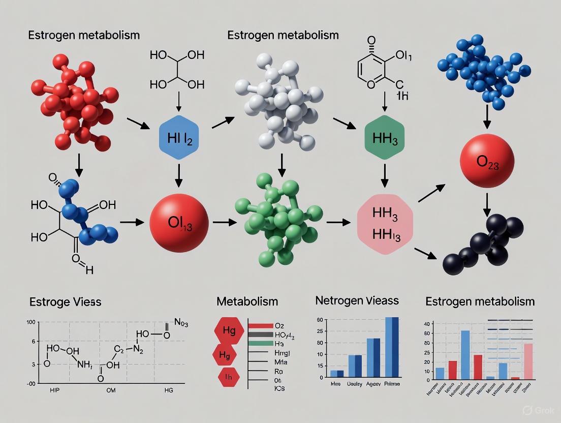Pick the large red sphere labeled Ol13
click(179, 222)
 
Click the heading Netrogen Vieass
click(357, 301)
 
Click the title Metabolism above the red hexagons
click(247, 301)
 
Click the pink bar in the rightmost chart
click(528, 361)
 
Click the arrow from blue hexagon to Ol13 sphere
click(178, 174)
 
